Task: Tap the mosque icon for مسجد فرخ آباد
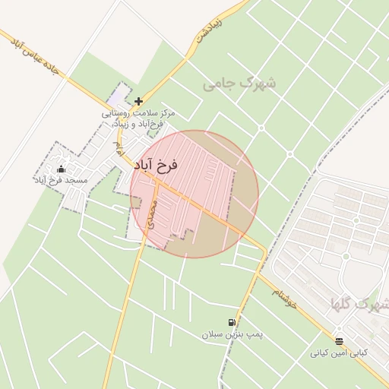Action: (x=61, y=169)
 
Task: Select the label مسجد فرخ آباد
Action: (x=61, y=180)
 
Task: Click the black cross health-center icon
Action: (x=138, y=101)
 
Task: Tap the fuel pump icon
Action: (x=232, y=323)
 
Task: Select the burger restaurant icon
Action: (x=339, y=342)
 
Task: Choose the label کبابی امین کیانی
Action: (x=339, y=353)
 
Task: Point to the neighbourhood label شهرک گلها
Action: (x=359, y=305)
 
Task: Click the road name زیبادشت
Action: (x=207, y=28)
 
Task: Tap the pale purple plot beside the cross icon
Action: (x=118, y=96)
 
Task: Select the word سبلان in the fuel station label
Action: (x=213, y=334)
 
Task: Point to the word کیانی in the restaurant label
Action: (x=322, y=353)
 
